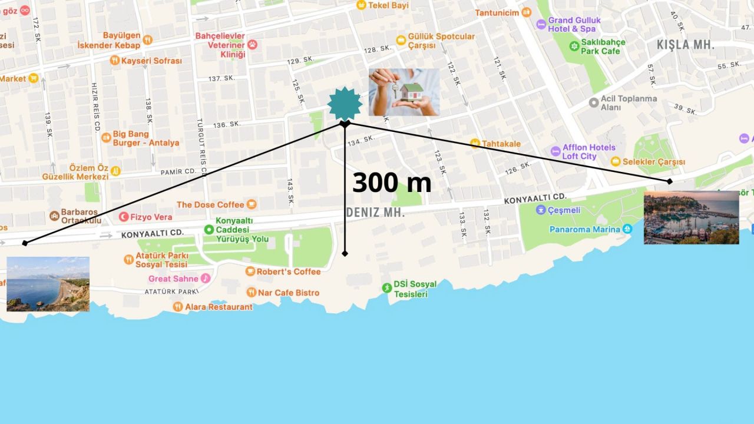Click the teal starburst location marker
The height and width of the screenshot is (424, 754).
point(345,104)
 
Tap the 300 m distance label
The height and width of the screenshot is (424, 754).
point(392,183)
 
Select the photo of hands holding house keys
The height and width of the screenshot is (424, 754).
point(404,92)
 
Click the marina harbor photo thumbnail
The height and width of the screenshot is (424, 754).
point(691,217)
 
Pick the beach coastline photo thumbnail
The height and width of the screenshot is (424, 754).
point(48,284)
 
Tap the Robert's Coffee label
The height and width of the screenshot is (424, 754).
point(289,271)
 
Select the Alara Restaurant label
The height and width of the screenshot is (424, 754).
point(219,307)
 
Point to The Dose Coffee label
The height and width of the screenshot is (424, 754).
point(210,204)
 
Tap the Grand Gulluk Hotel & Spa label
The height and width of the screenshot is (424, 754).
point(574,24)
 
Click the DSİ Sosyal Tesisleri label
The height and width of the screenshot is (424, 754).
point(415,289)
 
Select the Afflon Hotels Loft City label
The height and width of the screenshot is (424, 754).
point(588,152)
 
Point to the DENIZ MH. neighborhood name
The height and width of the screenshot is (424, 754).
point(376,213)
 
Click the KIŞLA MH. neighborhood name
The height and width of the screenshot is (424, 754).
point(686,45)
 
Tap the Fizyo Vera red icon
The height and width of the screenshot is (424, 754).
point(124,217)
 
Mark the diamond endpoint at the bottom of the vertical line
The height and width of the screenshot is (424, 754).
point(345,253)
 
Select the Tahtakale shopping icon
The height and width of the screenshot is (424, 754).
point(475,143)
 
